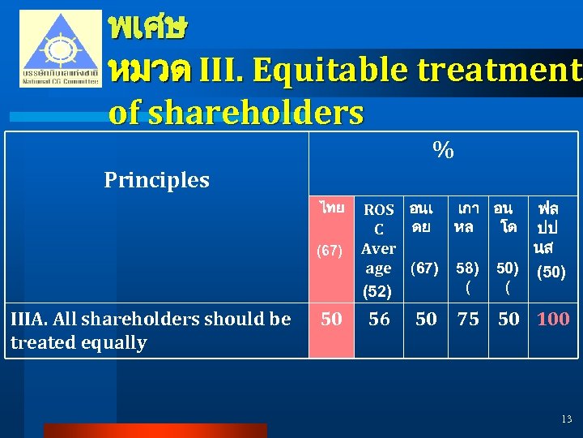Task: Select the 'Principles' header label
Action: tap(156, 180)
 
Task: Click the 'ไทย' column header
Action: tap(331, 208)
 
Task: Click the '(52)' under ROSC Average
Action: tap(377, 290)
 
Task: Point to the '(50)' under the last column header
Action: tap(551, 272)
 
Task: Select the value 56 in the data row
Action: tap(379, 320)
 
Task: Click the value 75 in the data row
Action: tap(468, 320)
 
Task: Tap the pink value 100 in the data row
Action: tap(553, 320)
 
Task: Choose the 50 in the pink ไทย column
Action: tap(331, 320)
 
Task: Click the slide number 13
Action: tap(566, 419)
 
